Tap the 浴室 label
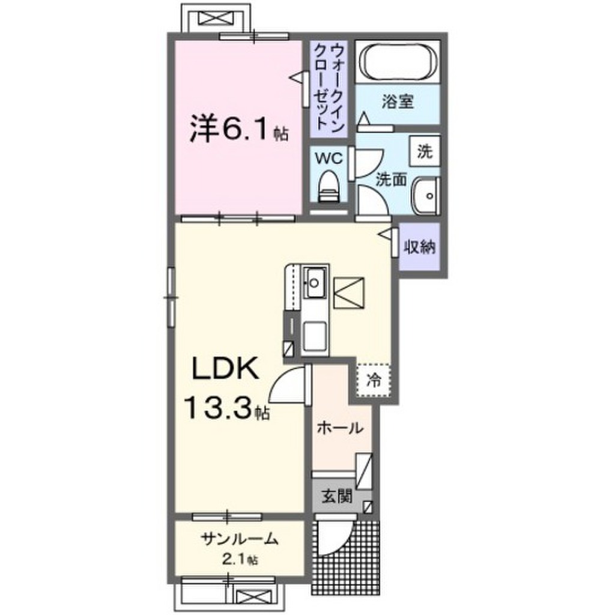pyautogui.click(x=397, y=102)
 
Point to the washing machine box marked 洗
pyautogui.click(x=425, y=152)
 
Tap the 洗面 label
pyautogui.click(x=392, y=178)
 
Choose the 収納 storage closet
pyautogui.click(x=419, y=247)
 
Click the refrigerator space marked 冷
pyautogui.click(x=373, y=380)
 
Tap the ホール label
pyautogui.click(x=339, y=428)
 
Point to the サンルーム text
pyautogui.click(x=239, y=539)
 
